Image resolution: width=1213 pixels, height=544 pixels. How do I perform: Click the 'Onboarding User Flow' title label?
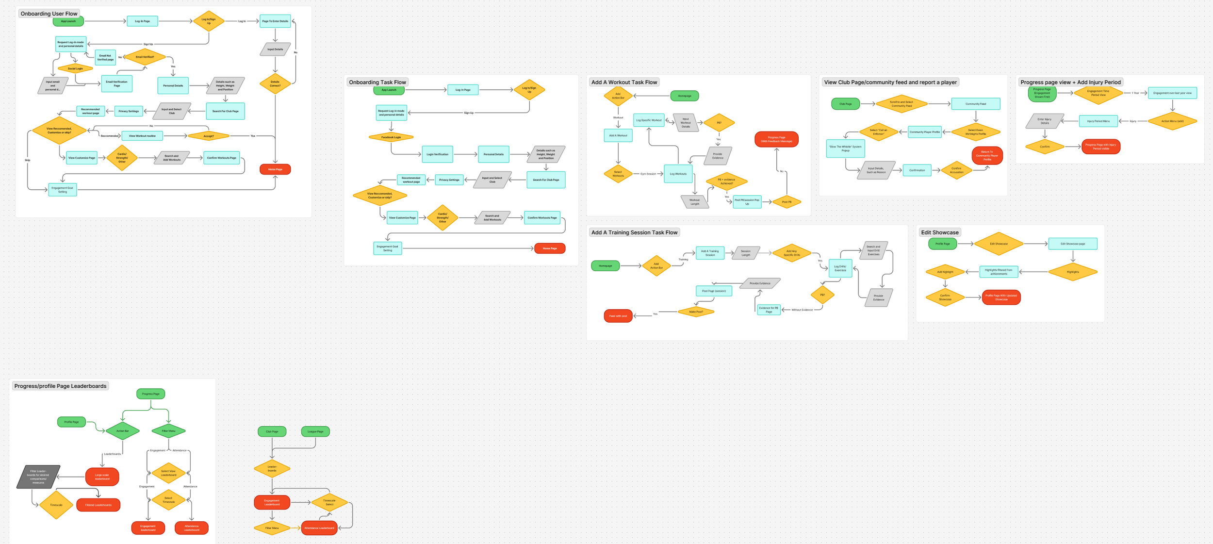coord(49,14)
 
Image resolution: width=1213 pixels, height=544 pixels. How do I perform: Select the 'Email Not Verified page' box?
coord(105,58)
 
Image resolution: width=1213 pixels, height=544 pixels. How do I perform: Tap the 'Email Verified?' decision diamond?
coord(145,57)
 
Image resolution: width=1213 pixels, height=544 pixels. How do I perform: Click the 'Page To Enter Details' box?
coord(275,21)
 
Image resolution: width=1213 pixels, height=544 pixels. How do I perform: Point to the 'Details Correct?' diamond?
coord(275,84)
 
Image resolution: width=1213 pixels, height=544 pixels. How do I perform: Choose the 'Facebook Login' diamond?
coord(391,137)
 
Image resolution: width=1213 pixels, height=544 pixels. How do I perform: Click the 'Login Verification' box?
coord(437,154)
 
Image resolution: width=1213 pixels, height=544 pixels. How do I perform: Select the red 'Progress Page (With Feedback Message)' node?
coord(776,139)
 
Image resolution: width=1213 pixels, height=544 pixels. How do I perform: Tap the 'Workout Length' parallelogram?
coord(695,202)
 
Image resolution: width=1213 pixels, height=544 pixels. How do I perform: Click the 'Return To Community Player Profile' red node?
coord(987,156)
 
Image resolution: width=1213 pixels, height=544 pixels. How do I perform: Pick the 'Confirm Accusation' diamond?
coord(956,170)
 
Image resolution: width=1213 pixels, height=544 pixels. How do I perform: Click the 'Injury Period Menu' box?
coord(1098,121)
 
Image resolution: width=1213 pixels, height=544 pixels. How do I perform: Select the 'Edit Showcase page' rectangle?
coord(1072,244)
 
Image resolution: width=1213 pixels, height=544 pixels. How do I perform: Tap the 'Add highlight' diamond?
coord(945,272)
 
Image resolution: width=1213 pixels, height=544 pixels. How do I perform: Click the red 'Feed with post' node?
coord(618,316)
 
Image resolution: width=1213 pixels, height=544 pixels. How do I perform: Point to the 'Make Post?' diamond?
coord(696,312)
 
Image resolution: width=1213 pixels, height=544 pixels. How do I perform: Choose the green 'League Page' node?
coord(315,431)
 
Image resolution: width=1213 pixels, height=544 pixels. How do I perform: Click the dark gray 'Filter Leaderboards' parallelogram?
coord(38,477)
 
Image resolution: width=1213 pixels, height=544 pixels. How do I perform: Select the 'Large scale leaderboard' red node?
coord(102,477)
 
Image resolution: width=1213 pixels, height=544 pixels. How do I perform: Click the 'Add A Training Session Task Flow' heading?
coord(634,232)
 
